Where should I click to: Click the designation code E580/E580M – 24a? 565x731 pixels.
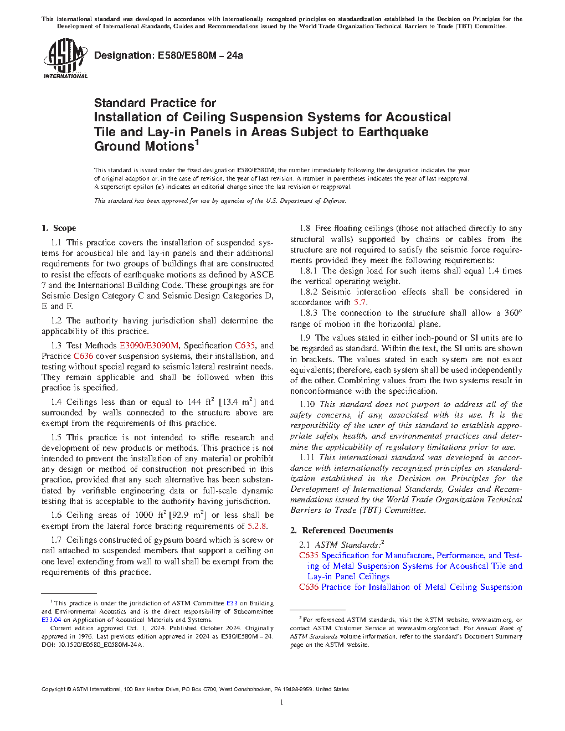click(x=200, y=55)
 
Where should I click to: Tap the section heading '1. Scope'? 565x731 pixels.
click(x=59, y=228)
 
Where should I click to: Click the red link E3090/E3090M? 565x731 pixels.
click(x=149, y=346)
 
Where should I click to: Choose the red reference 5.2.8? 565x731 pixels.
click(x=256, y=526)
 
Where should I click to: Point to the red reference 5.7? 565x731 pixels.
click(x=359, y=302)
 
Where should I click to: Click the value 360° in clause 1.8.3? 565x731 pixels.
click(x=513, y=313)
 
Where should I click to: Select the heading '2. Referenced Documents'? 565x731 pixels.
click(x=341, y=531)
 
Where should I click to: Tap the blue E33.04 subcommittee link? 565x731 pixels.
click(x=51, y=620)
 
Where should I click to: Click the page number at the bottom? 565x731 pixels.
click(x=282, y=703)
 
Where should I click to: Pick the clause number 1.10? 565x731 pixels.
click(x=307, y=404)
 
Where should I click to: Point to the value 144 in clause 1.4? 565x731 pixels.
click(x=194, y=402)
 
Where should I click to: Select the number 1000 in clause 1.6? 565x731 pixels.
click(x=144, y=515)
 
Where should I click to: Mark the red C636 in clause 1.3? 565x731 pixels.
click(x=83, y=356)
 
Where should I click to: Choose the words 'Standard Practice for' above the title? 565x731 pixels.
click(x=155, y=103)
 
